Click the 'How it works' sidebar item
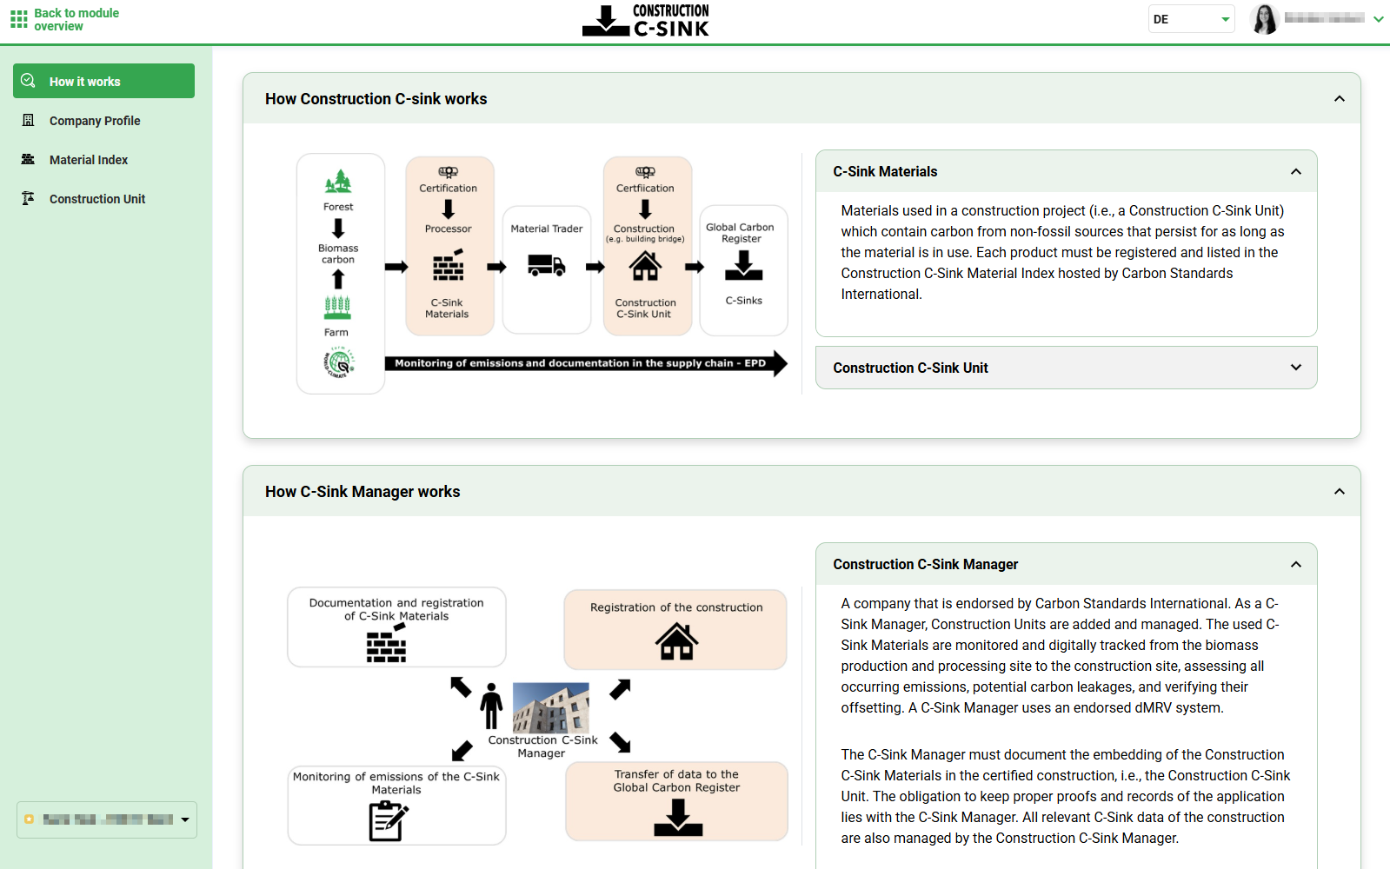click(103, 81)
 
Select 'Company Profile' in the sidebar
click(94, 121)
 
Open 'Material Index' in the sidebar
click(88, 160)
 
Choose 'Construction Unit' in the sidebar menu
click(96, 199)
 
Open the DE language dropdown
click(1192, 19)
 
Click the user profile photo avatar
click(1265, 19)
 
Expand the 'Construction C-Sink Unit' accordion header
click(1066, 368)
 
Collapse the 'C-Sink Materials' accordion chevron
click(1295, 171)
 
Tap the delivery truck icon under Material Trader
click(547, 264)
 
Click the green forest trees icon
click(338, 182)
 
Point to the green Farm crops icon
click(337, 308)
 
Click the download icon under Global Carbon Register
click(743, 266)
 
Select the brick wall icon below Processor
click(449, 266)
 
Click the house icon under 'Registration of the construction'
click(676, 642)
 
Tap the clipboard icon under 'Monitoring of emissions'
click(388, 820)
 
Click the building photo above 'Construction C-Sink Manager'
click(551, 707)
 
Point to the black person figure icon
click(491, 706)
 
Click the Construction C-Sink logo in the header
click(646, 20)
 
